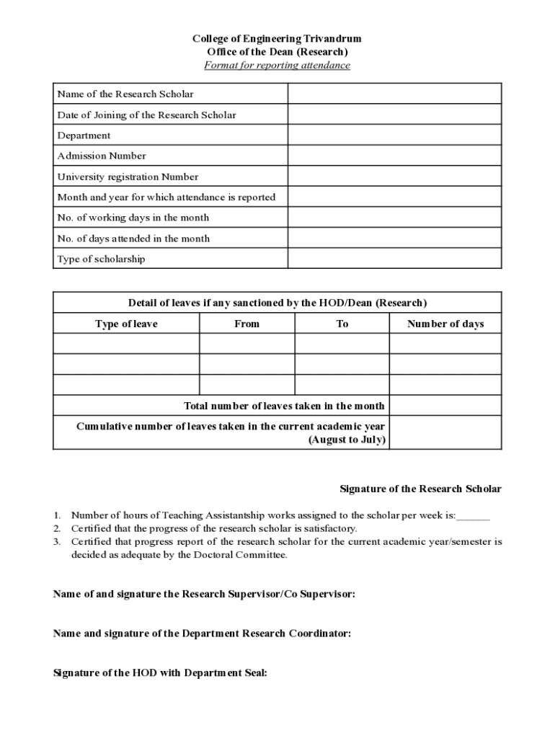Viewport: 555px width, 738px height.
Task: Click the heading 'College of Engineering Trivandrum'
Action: (277, 38)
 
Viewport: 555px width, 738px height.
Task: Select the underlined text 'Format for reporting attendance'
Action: (277, 66)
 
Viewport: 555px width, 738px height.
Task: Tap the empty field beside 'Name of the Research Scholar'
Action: (394, 94)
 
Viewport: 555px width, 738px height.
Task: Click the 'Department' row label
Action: (84, 135)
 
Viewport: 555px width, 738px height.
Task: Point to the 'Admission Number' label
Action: (102, 156)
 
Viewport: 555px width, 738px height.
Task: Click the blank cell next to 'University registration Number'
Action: (394, 177)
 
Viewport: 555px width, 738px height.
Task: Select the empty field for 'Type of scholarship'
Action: (394, 259)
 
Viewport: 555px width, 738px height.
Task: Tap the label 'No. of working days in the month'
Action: (133, 218)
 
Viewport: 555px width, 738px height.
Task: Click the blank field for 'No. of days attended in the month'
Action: (394, 239)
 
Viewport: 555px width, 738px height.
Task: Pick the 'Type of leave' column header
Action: (126, 324)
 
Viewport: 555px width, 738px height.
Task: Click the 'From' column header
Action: (247, 324)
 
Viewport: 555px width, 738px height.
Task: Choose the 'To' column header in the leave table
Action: (342, 324)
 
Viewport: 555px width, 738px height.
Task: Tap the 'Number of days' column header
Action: (445, 324)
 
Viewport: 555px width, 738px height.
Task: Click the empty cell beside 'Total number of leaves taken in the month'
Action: (445, 406)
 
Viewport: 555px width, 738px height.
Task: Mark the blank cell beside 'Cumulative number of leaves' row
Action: (445, 433)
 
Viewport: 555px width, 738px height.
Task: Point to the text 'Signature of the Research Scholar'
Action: (420, 489)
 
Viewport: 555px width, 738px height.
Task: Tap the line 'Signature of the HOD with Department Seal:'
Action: (161, 673)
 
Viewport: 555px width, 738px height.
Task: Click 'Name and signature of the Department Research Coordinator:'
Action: (203, 633)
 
